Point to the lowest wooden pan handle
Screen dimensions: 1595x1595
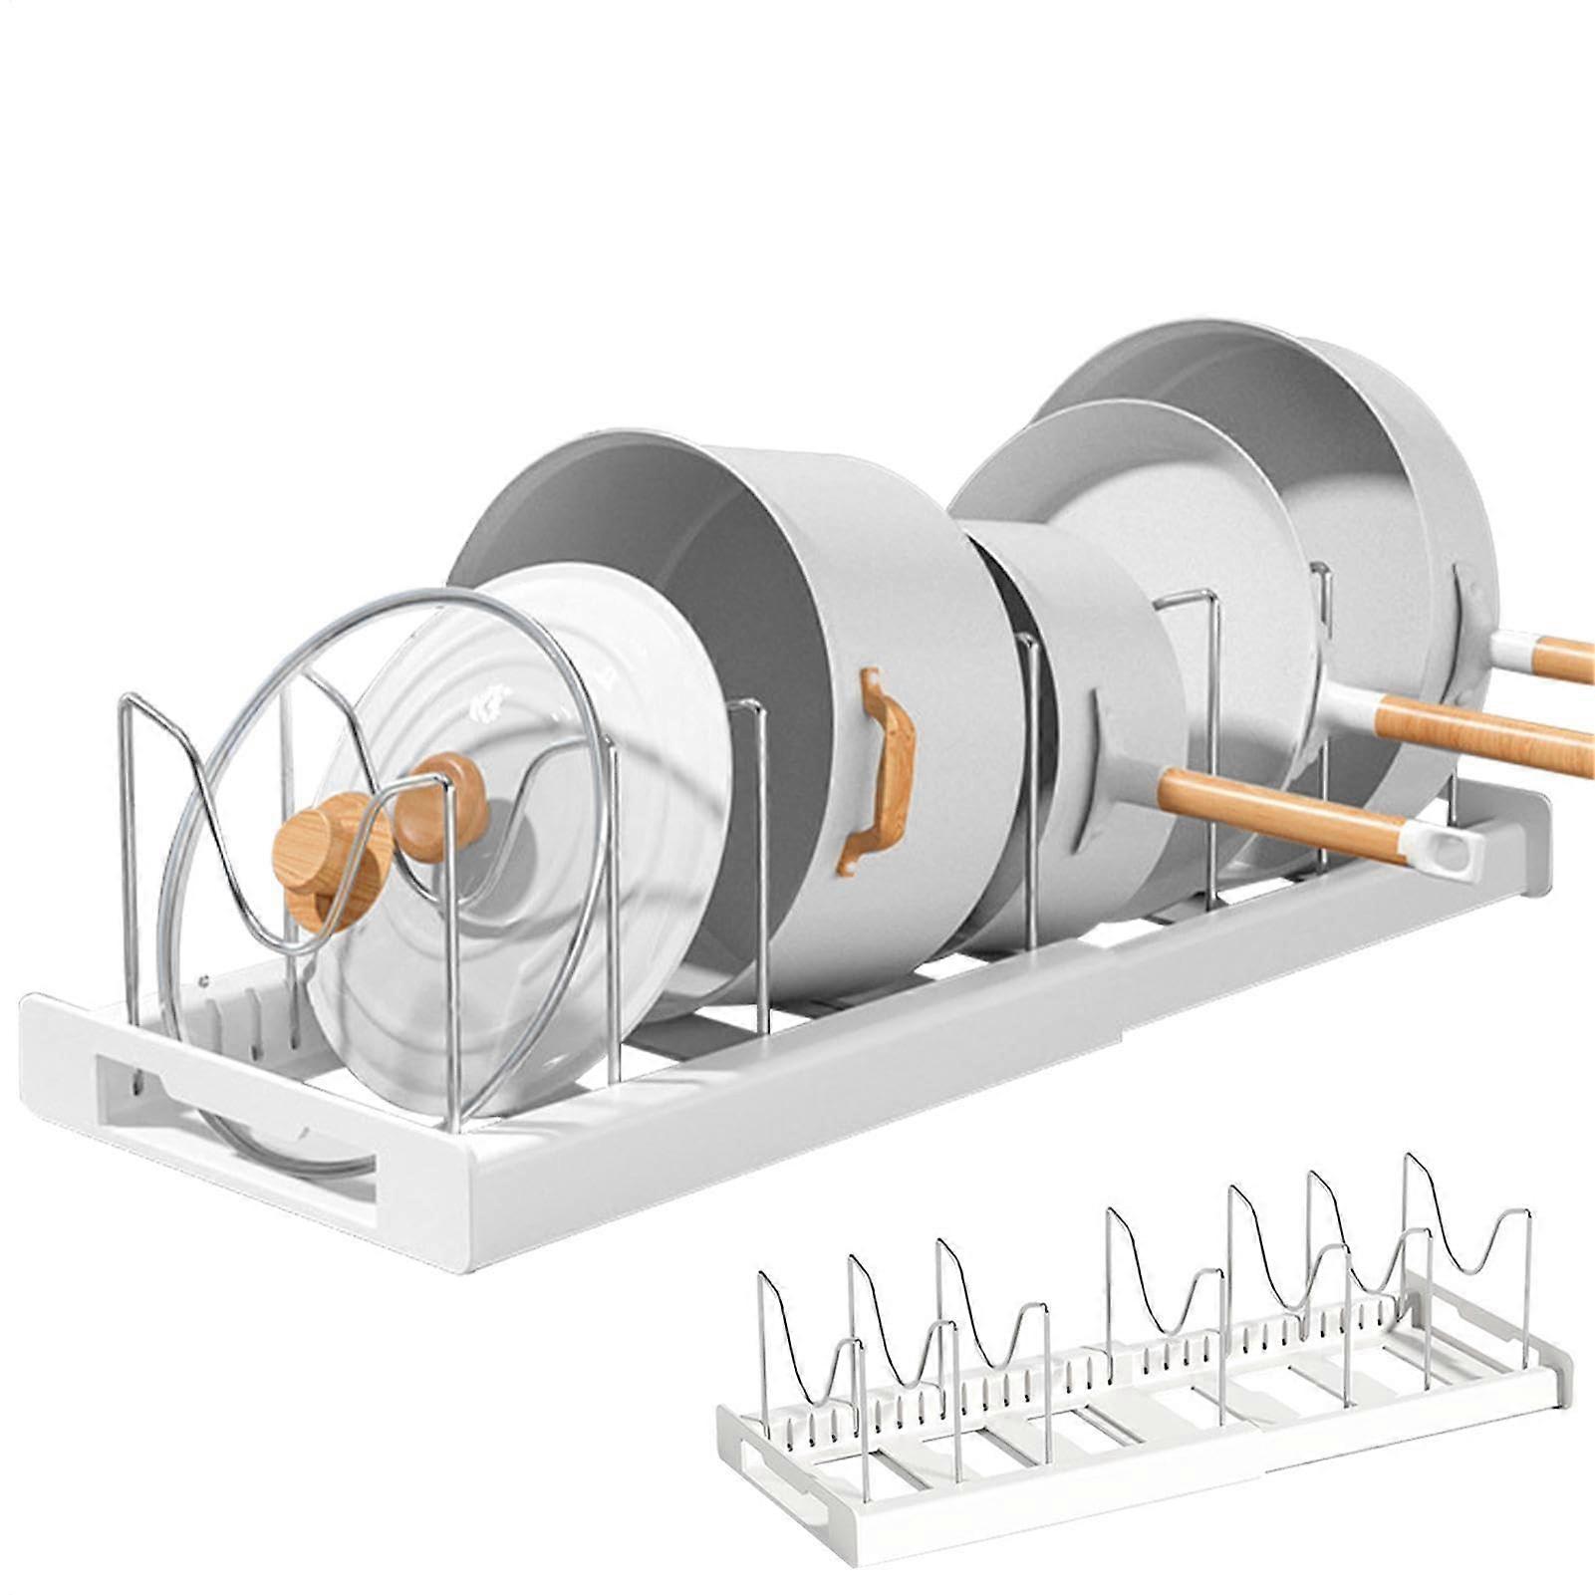(x=1285, y=812)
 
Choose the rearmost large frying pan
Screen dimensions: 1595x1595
(x=1395, y=478)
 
